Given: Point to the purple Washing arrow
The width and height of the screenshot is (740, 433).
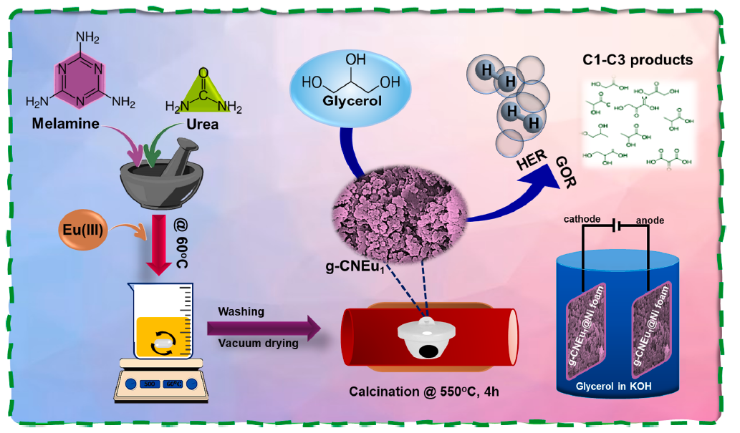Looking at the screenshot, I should click(x=263, y=328).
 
